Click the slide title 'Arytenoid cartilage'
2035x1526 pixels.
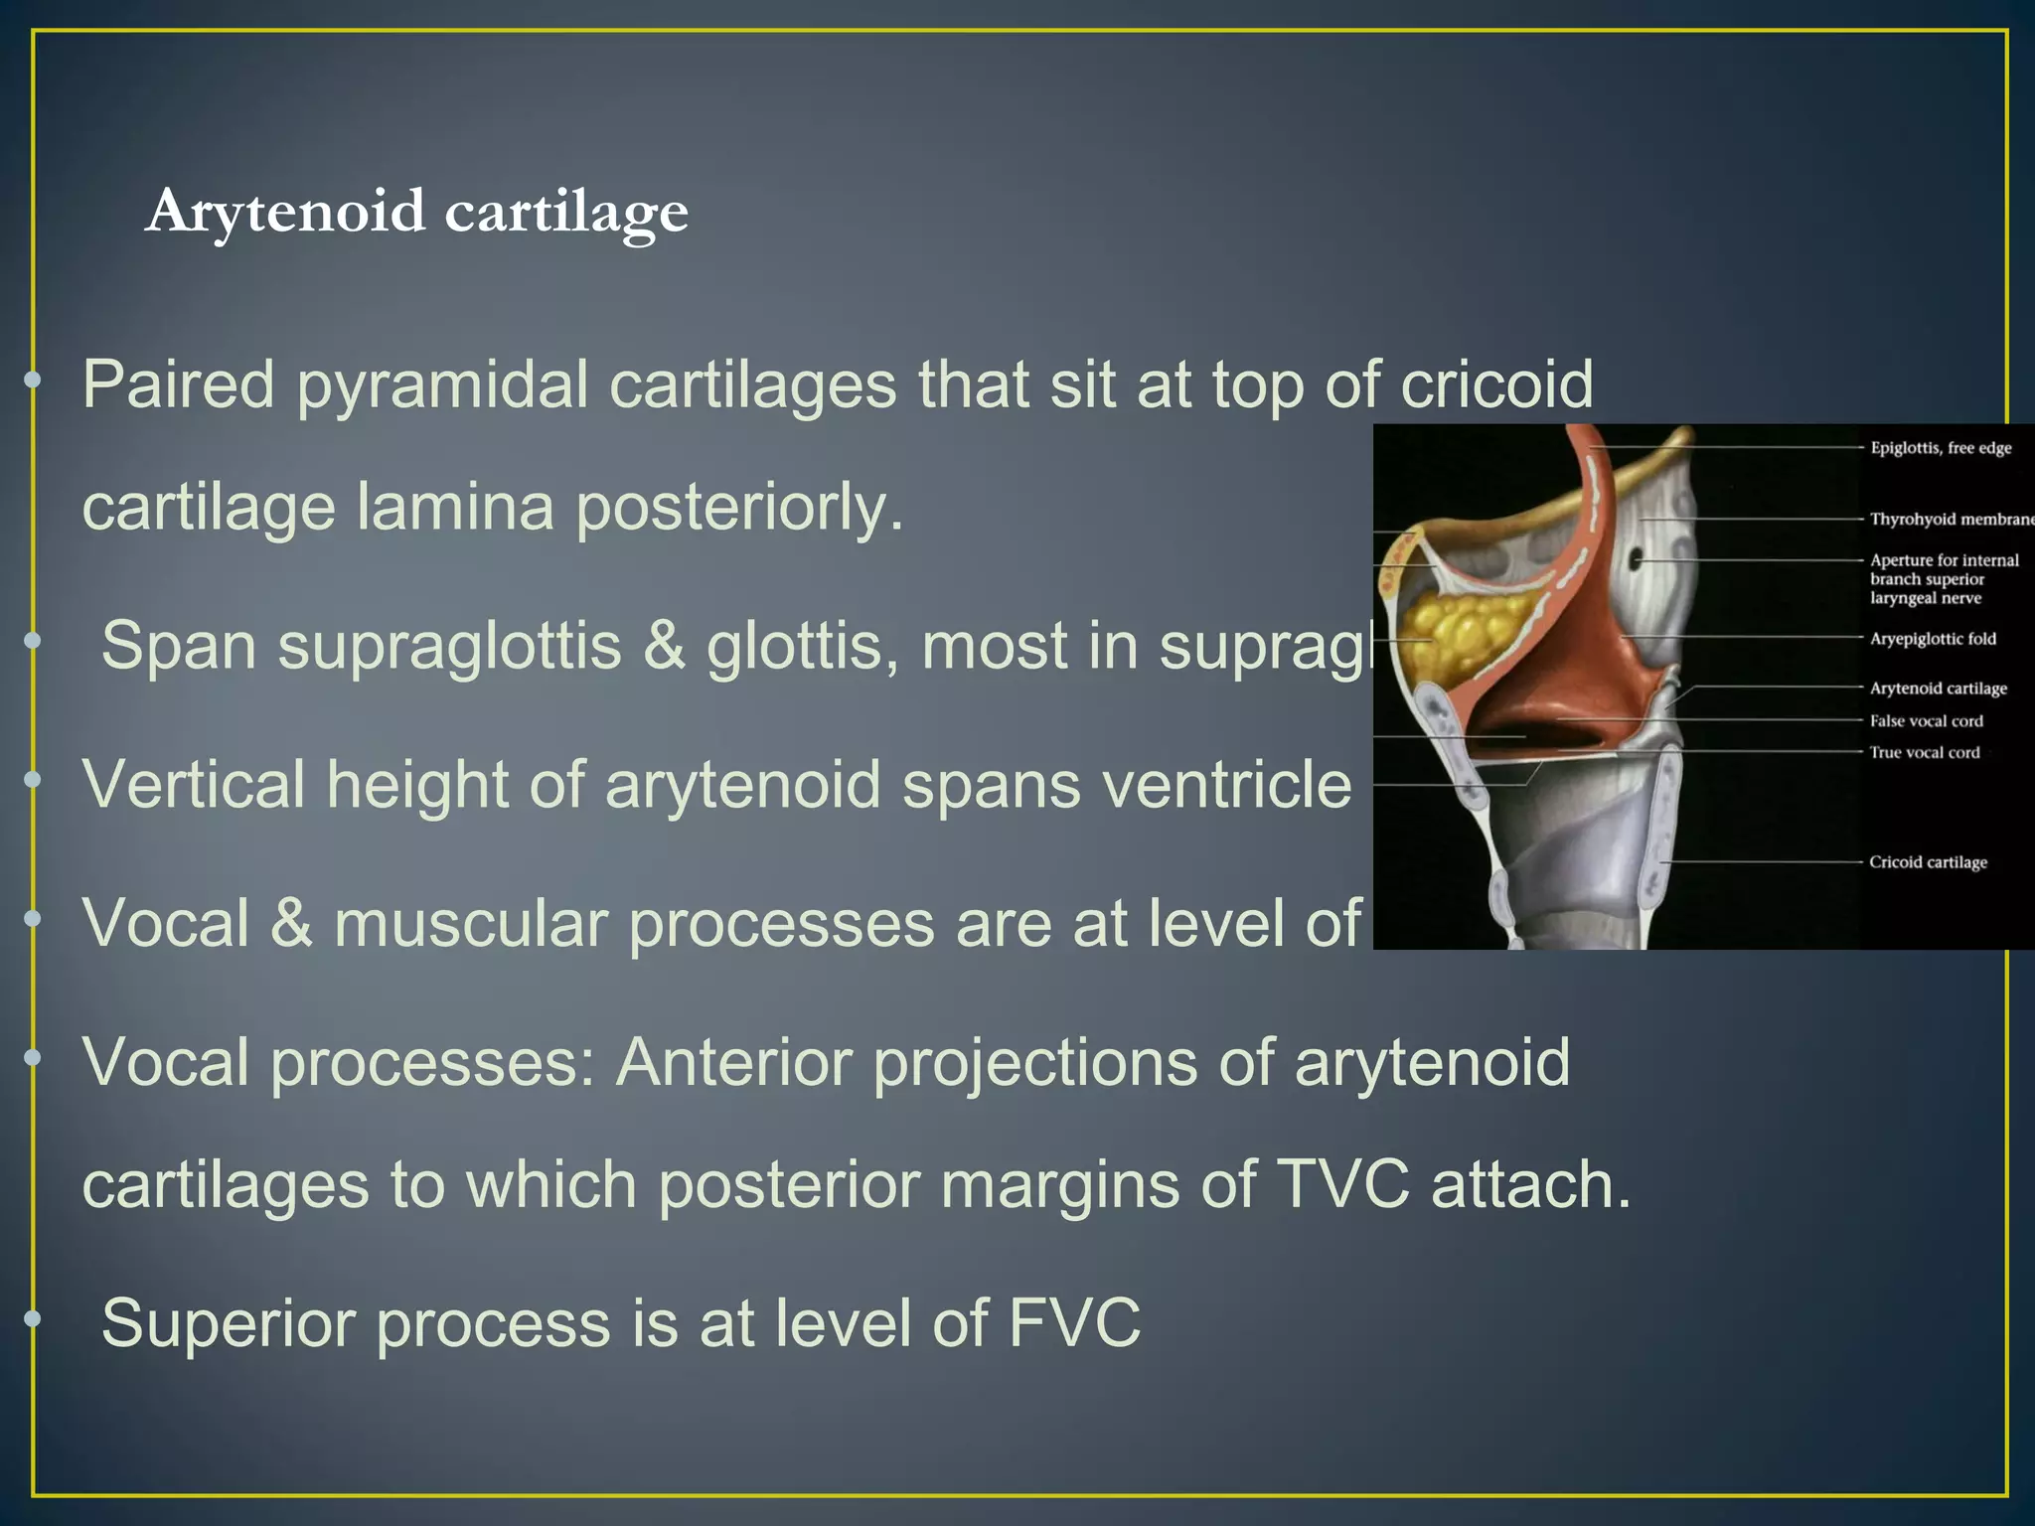416,212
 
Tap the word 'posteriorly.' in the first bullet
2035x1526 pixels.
740,508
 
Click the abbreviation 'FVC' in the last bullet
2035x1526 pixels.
1074,1323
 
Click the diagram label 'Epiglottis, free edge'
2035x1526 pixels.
1941,448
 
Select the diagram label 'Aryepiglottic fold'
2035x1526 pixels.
1933,639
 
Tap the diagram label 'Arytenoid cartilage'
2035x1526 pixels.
1938,688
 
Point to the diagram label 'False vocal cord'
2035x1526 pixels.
1926,721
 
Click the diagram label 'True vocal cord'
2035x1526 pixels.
1925,753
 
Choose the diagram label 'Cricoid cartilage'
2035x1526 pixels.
1928,862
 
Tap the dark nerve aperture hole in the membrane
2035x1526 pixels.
1636,560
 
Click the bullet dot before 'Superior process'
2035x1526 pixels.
34,1319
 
